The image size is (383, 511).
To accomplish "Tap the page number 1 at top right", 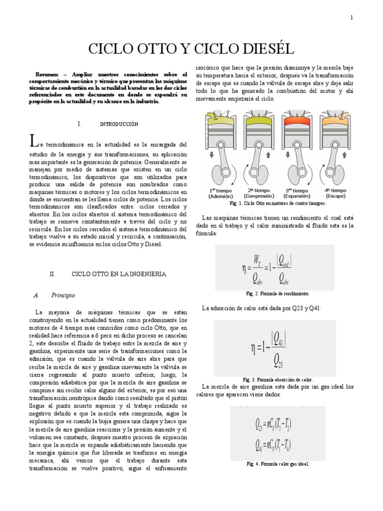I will [x=352, y=18].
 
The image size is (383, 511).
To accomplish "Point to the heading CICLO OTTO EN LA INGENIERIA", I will [x=119, y=274].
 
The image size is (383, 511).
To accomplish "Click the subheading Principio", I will [x=63, y=295].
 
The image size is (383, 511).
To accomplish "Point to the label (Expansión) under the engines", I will [x=297, y=197].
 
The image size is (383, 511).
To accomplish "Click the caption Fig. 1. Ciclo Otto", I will [x=277, y=204].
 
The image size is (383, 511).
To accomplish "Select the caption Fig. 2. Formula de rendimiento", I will [x=278, y=293].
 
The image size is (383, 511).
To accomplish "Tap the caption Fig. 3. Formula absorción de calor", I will [x=278, y=379].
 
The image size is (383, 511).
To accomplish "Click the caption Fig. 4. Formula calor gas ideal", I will [x=278, y=464].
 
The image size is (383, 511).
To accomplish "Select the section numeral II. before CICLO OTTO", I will [x=55, y=274].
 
